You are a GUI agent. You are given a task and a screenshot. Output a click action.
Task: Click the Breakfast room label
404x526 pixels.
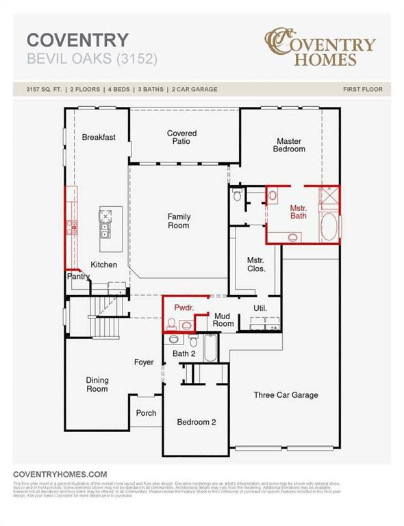99,137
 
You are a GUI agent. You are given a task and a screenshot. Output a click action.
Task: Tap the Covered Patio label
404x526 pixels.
181,138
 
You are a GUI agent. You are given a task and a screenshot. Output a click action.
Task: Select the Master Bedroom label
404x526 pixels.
288,145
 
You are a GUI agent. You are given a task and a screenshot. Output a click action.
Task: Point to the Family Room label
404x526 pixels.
179,221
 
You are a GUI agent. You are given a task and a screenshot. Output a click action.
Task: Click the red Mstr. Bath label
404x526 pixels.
298,212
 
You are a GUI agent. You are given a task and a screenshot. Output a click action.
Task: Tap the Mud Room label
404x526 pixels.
224,319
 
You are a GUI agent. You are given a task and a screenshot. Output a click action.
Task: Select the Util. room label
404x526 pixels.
260,308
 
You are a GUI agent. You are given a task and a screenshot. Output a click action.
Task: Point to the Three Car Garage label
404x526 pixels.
286,394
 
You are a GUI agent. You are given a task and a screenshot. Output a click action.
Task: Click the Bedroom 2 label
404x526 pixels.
197,422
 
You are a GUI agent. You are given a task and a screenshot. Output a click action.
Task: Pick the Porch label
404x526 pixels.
146,413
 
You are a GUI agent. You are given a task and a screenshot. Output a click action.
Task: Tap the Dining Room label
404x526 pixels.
97,384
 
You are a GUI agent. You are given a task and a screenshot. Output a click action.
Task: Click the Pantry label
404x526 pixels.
78,277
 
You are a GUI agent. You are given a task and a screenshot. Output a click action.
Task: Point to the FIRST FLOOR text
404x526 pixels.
362,90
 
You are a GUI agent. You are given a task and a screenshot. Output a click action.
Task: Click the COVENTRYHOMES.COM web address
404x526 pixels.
60,474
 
